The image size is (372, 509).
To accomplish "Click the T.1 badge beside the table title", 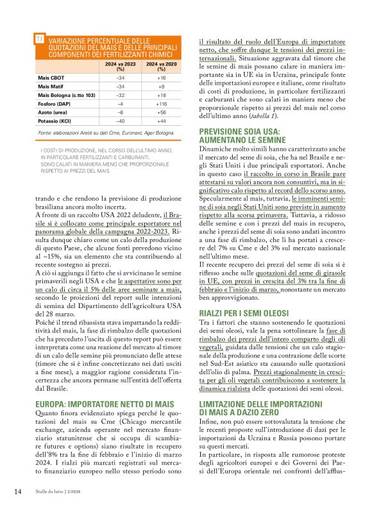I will coord(40,40).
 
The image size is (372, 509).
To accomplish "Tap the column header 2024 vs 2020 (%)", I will coord(161,67).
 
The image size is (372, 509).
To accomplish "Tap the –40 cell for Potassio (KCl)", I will coord(120,121).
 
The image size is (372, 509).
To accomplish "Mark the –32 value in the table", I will coord(120,94).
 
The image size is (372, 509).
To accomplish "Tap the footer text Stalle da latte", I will coord(50,492).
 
